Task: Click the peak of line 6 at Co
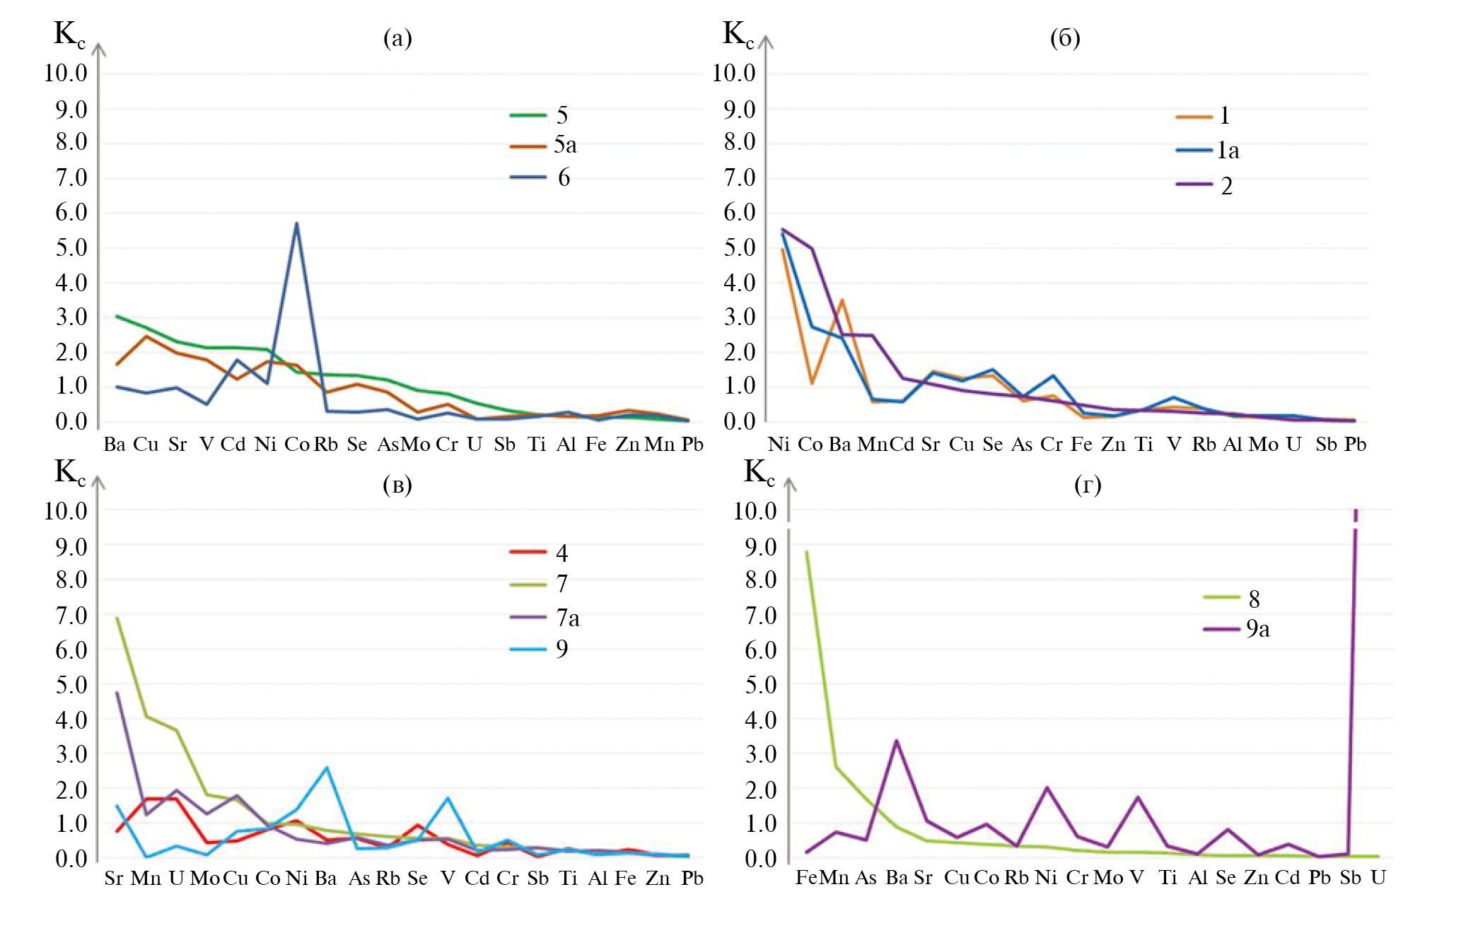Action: (x=297, y=223)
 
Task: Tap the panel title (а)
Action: (x=397, y=37)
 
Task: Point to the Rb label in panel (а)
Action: (x=326, y=445)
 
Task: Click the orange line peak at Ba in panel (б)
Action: (x=842, y=300)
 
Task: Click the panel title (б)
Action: (x=1065, y=37)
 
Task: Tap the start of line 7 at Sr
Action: (x=117, y=618)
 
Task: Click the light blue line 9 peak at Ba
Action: (x=326, y=768)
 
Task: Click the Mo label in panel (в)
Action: (x=204, y=879)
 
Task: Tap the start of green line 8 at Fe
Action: (x=806, y=551)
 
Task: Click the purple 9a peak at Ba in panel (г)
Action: (x=896, y=741)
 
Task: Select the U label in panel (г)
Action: (x=1378, y=878)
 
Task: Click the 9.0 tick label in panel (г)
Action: (x=761, y=547)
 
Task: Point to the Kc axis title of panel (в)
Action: (x=69, y=472)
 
